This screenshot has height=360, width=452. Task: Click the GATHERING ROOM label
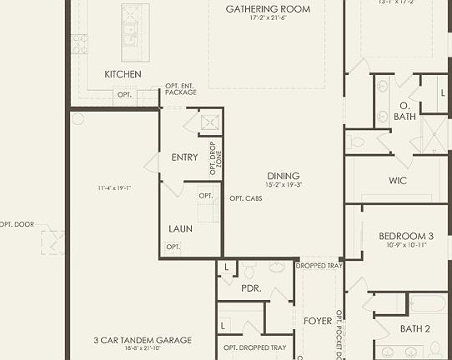268,9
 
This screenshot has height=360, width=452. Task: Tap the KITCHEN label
123,74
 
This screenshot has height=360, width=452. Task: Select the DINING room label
284,176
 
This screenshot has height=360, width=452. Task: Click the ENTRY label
184,157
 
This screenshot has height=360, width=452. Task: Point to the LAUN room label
181,227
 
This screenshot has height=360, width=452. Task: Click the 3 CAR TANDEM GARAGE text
143,340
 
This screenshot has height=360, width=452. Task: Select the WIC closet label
398,180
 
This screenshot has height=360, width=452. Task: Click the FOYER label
317,321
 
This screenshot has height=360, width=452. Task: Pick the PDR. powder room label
251,287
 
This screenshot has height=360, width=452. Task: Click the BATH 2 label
414,329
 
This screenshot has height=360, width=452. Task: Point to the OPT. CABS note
246,198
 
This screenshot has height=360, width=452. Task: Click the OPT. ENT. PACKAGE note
181,88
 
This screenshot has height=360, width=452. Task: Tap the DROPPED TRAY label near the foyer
319,266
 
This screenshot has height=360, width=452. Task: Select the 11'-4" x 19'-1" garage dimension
114,188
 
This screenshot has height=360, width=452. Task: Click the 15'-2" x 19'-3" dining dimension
284,185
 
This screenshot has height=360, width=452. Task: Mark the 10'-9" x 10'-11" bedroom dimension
406,245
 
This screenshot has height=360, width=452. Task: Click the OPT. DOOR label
17,224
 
